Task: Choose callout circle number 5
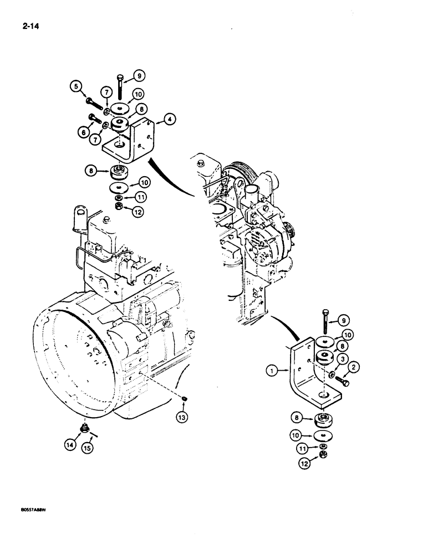point(75,86)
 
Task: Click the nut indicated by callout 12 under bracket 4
point(119,207)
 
